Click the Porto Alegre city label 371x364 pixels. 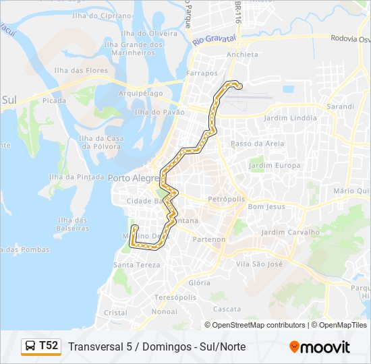(132, 177)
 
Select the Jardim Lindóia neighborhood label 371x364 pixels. (291, 118)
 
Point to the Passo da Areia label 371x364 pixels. (257, 144)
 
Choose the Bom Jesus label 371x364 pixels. (266, 207)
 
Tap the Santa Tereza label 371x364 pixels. (137, 265)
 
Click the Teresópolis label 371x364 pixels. (175, 297)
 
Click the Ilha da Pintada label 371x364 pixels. (76, 177)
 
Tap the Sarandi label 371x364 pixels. (340, 107)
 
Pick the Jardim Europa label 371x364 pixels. (275, 165)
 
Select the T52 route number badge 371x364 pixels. (49, 346)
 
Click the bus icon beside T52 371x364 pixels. (31, 346)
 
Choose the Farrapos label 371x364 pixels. (202, 73)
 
